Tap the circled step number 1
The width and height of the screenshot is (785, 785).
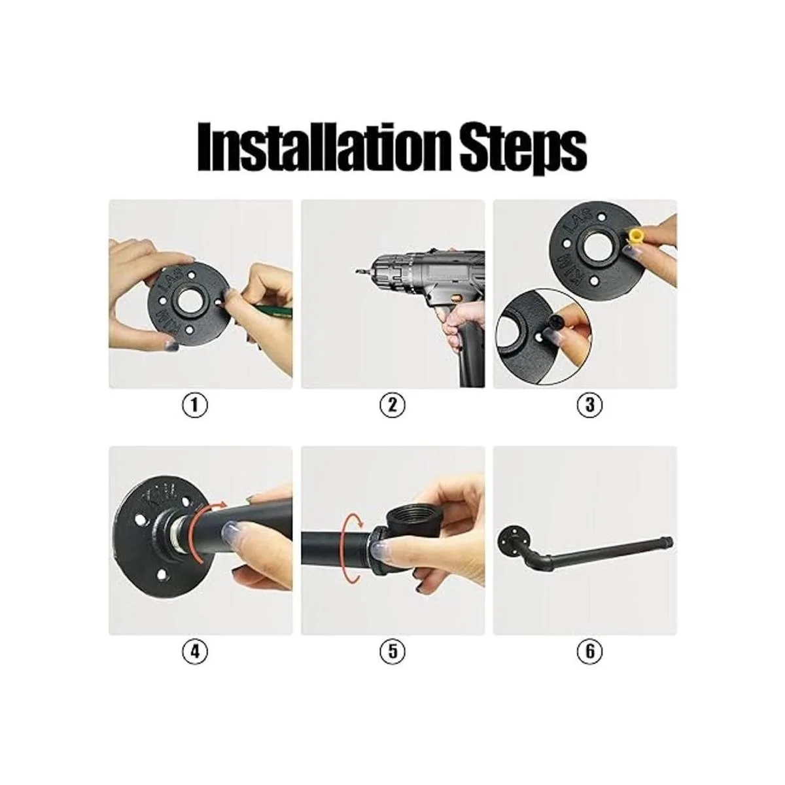click(x=195, y=405)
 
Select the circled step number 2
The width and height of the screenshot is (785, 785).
click(x=392, y=405)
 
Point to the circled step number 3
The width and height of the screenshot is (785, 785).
click(x=589, y=405)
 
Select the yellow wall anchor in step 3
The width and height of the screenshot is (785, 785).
click(x=635, y=237)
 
